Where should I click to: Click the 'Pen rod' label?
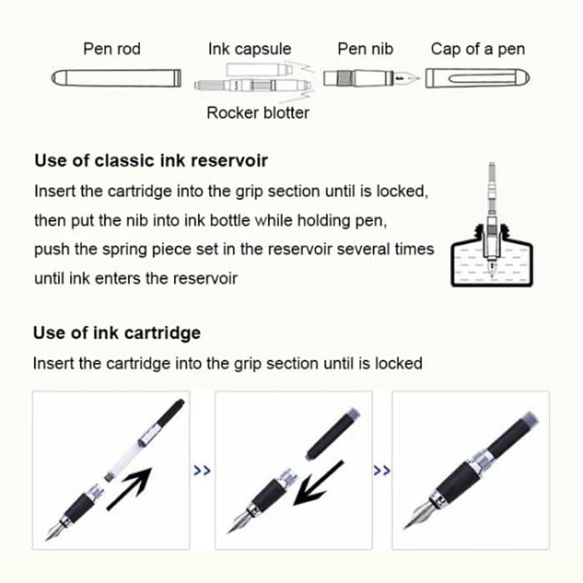click(x=112, y=49)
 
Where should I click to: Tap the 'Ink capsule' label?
click(x=249, y=49)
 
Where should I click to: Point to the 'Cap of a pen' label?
click(x=477, y=49)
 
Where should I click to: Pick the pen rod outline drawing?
click(x=116, y=79)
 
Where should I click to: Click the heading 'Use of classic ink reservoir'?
click(x=151, y=161)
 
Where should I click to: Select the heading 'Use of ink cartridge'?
click(x=117, y=333)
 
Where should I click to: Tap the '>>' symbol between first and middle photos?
click(x=202, y=471)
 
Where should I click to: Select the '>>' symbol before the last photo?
click(x=382, y=471)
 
